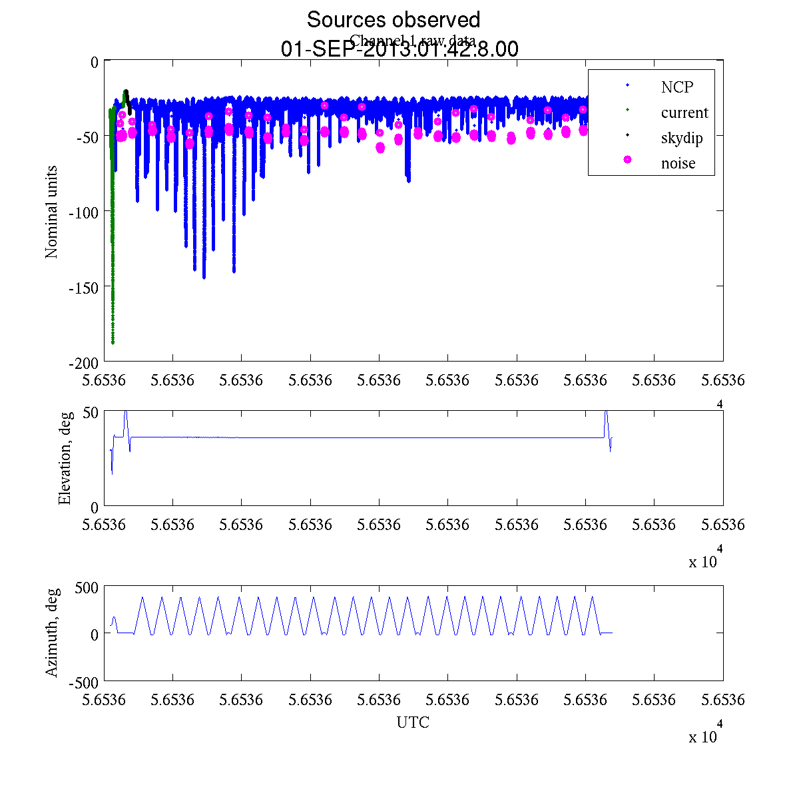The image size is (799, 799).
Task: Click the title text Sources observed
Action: (393, 19)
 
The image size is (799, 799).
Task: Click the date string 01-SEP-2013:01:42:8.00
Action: (400, 49)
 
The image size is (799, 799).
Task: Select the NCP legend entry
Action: (676, 87)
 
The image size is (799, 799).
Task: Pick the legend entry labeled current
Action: (684, 113)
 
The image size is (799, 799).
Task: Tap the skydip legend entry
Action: (682, 138)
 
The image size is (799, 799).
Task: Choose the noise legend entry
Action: (678, 163)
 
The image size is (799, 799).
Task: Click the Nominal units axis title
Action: (51, 212)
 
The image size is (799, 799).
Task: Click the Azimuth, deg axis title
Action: (51, 633)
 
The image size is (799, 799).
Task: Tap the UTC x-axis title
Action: (413, 722)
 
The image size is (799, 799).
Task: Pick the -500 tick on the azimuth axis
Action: (84, 682)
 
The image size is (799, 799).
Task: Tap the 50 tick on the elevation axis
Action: (91, 412)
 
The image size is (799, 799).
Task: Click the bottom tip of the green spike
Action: (113, 344)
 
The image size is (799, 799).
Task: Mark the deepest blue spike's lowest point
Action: (204, 278)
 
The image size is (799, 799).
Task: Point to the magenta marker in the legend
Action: (627, 160)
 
